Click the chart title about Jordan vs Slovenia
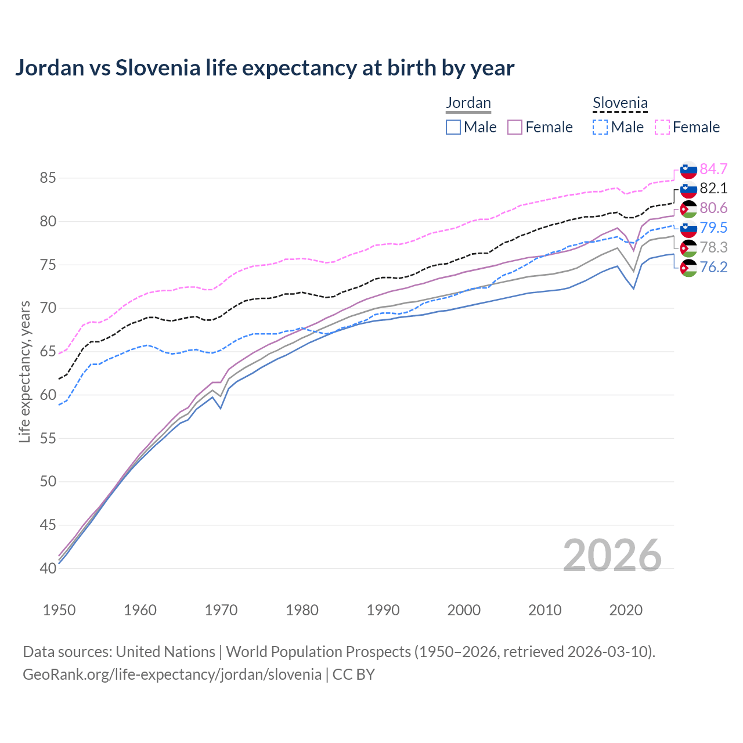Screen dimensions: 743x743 pyautogui.click(x=265, y=68)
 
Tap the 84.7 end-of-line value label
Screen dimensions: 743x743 pyautogui.click(x=713, y=169)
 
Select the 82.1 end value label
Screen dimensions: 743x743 pyautogui.click(x=713, y=188)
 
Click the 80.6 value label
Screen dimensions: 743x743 pyautogui.click(x=713, y=208)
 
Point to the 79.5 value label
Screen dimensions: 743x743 pyautogui.click(x=713, y=228)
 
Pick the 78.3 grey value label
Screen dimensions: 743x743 pyautogui.click(x=713, y=247)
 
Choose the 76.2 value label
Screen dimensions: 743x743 pyautogui.click(x=713, y=267)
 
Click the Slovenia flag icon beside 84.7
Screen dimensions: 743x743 pyautogui.click(x=688, y=169)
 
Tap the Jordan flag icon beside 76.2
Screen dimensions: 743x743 pyautogui.click(x=688, y=268)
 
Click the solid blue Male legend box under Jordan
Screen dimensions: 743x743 pyautogui.click(x=453, y=127)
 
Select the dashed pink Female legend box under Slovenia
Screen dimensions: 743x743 pyautogui.click(x=662, y=127)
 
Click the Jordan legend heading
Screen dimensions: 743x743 pyautogui.click(x=468, y=103)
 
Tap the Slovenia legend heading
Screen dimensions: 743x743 pyautogui.click(x=620, y=103)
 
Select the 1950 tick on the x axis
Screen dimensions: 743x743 pyautogui.click(x=59, y=610)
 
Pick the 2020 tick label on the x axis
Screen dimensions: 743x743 pyautogui.click(x=626, y=610)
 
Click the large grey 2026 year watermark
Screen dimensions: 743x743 pyautogui.click(x=612, y=556)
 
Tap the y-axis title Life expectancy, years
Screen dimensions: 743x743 pyautogui.click(x=24, y=371)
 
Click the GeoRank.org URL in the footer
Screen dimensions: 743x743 pyautogui.click(x=172, y=675)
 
